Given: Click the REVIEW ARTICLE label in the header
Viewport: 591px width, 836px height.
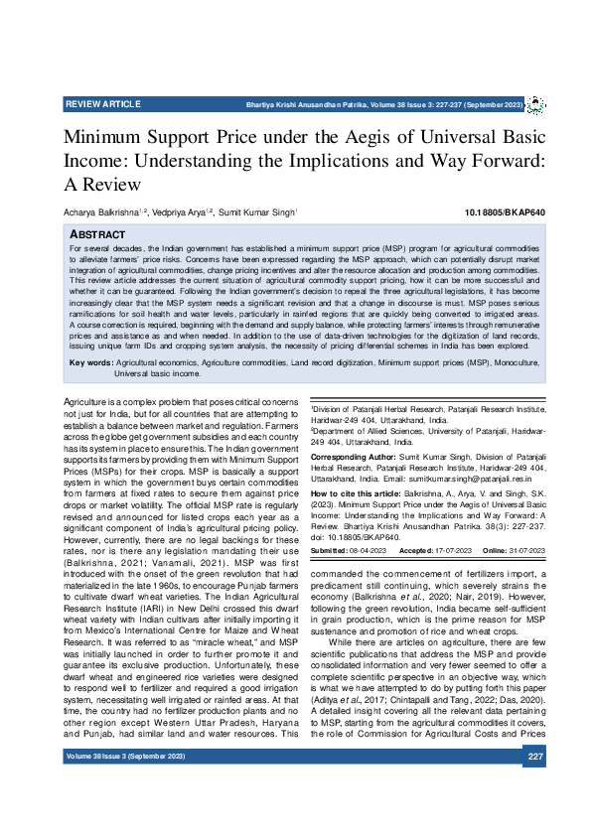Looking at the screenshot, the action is (101, 104).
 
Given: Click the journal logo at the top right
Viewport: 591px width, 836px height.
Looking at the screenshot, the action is (533, 104).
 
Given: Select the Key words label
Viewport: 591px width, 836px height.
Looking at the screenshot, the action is (91, 364).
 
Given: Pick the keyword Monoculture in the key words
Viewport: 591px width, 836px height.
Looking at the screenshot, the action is (511, 364).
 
